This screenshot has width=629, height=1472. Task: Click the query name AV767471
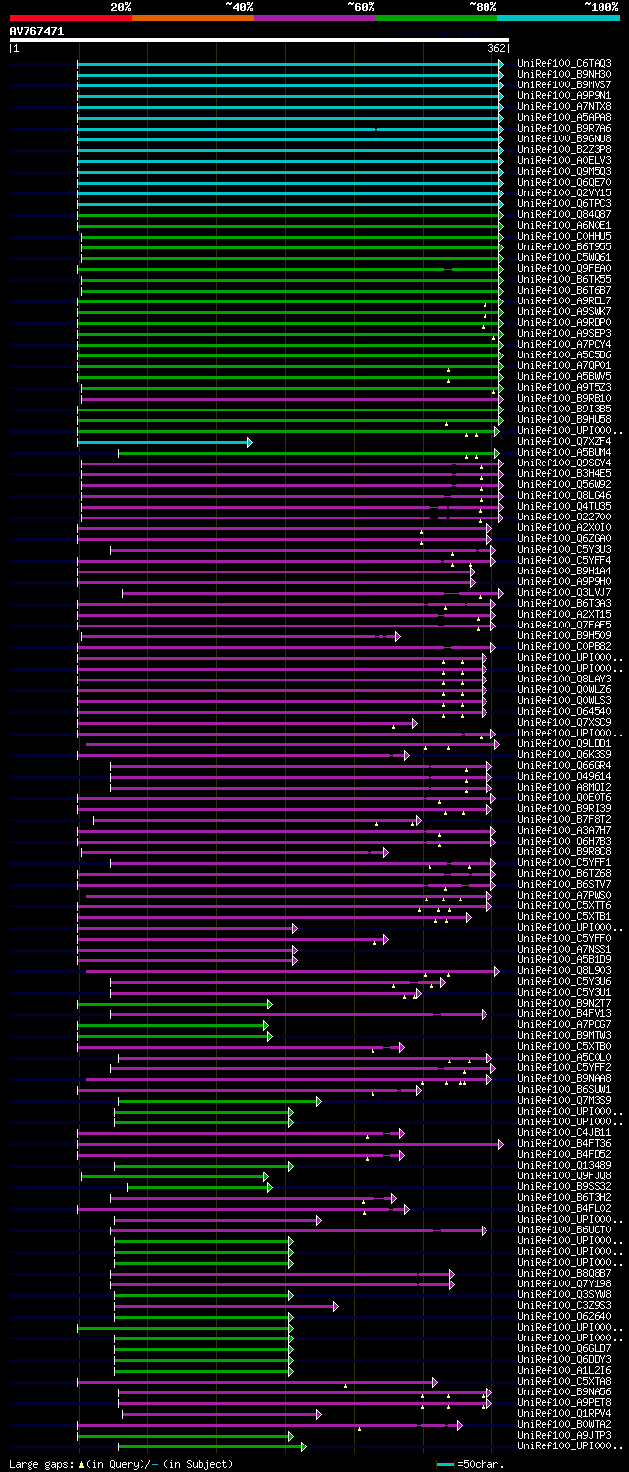point(36,31)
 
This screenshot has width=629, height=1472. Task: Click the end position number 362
point(496,48)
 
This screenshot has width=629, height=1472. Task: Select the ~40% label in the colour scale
point(239,7)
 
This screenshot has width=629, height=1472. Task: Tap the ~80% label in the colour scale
point(483,7)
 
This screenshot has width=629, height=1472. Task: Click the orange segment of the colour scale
point(192,17)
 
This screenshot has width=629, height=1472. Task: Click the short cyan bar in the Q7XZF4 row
point(162,442)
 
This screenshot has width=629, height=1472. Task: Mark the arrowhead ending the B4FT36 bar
point(500,1144)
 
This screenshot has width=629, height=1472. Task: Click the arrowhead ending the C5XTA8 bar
point(434,1382)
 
